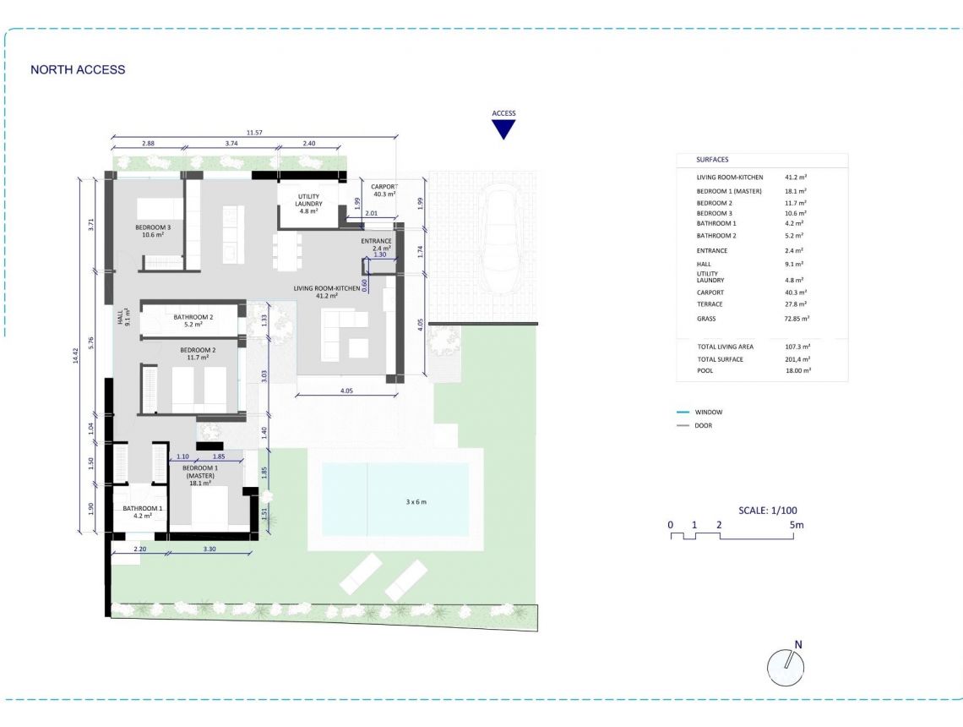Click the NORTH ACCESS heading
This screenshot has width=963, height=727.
78,70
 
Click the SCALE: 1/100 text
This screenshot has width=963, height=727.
767,510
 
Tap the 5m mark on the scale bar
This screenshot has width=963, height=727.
797,525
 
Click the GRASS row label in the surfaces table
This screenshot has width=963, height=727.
706,319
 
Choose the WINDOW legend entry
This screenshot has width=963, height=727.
708,412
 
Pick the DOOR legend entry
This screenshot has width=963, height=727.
703,425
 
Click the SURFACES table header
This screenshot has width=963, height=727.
712,159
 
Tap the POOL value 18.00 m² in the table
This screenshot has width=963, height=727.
797,370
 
